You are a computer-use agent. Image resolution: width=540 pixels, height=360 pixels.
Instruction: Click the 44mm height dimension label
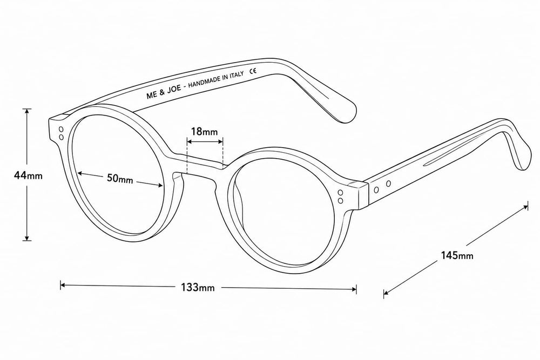coord(28,175)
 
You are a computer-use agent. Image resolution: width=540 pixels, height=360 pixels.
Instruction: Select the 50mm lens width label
coord(120,179)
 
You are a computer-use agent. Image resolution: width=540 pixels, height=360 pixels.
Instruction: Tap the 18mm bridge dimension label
coord(205,131)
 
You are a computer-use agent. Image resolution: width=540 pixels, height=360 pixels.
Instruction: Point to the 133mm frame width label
coord(198,287)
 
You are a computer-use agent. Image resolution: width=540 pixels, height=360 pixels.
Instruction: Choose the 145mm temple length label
coord(457,255)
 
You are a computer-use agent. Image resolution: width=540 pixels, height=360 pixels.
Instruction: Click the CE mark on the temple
coord(253,71)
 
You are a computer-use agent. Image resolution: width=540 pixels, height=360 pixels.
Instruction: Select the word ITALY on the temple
coord(237,76)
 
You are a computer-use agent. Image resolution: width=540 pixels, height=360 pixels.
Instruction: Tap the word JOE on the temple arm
coord(174,91)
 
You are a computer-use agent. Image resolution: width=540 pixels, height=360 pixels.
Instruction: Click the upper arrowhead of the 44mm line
coord(27,111)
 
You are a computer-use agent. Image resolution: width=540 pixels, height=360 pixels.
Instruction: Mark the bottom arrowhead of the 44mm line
coord(27,238)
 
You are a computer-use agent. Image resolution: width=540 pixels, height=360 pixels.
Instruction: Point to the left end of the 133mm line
coord(62,284)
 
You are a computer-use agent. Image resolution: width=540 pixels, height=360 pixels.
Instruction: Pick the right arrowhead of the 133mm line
coord(355,289)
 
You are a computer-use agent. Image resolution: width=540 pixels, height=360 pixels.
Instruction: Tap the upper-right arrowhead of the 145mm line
coord(525,207)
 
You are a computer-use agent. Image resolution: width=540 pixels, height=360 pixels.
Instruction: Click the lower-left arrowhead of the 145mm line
coord(386,293)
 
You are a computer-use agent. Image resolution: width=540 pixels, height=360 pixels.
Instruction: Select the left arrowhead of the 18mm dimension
coord(188,140)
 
